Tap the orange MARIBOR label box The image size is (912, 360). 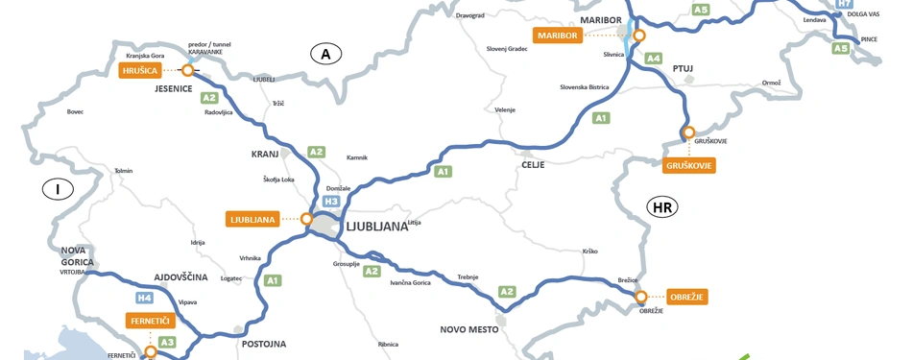click(x=558, y=36)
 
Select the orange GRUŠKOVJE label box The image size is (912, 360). click(x=689, y=166)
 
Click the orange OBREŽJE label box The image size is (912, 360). click(x=687, y=297)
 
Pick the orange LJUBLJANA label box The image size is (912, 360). click(x=253, y=219)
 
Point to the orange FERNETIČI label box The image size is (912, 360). click(x=151, y=321)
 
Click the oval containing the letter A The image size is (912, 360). click(x=326, y=54)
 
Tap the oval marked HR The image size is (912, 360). click(x=661, y=206)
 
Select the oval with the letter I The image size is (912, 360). click(x=58, y=189)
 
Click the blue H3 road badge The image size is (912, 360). click(x=331, y=202)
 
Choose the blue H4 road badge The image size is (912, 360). click(x=145, y=298)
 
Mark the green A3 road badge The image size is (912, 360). click(x=167, y=342)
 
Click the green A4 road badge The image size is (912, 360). click(x=653, y=59)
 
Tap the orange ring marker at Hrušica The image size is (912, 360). click(x=187, y=70)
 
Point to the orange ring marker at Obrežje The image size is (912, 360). click(x=641, y=297)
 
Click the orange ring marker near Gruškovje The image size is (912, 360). click(x=687, y=132)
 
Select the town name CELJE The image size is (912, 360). click(x=532, y=165)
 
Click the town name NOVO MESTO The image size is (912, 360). click(x=469, y=329)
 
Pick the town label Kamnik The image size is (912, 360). click(x=357, y=157)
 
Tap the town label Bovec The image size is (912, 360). click(x=75, y=111)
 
